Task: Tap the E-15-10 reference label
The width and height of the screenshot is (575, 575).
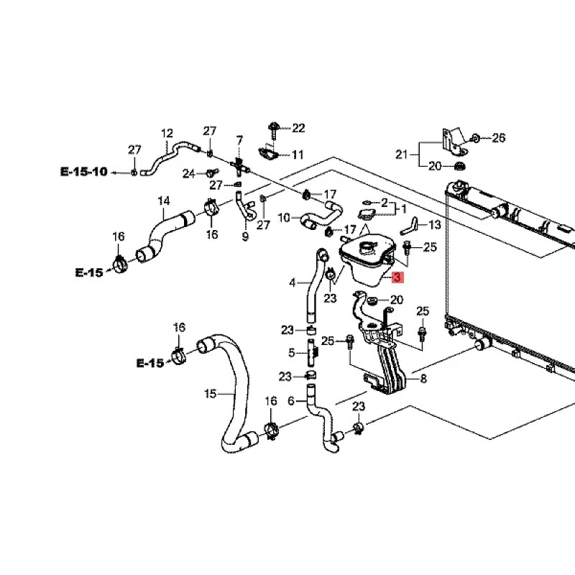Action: pos(83,172)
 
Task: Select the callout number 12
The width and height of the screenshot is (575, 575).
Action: pos(167,133)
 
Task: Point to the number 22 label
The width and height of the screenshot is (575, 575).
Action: pos(298,129)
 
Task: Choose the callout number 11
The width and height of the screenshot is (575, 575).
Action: pos(298,155)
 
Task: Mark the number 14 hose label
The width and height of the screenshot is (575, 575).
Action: pos(164,201)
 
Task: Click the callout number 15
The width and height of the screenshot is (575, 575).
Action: pos(210,393)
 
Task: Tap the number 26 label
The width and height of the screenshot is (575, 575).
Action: pos(499,137)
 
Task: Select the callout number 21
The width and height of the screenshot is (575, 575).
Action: pos(401,154)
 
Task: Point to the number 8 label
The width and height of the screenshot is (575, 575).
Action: pos(423,378)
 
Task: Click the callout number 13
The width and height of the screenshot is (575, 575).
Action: pos(434,225)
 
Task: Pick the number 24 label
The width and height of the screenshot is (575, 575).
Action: pos(188,173)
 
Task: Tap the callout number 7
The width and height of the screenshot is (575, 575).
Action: pos(239,139)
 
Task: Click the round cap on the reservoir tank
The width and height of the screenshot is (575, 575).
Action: pos(368,248)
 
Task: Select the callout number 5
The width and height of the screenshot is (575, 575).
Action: pos(292,353)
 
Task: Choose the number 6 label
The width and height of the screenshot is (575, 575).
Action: pos(291,401)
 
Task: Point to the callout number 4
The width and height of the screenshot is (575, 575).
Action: pos(292,282)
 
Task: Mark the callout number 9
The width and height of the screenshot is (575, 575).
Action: pos(244,236)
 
